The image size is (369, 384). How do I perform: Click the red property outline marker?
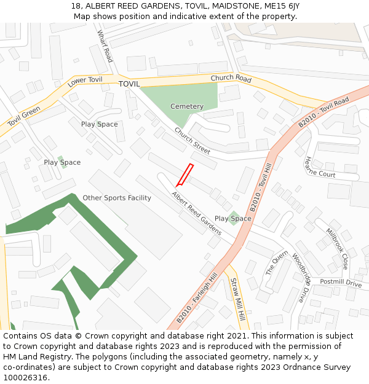click(184, 175)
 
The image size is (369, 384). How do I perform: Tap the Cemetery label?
click(187, 106)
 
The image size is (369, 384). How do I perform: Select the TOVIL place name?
click(129, 84)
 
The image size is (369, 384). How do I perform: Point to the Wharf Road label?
click(105, 47)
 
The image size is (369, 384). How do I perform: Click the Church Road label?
click(231, 79)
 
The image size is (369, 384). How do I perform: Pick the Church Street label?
click(192, 141)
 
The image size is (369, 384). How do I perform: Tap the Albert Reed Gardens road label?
click(197, 214)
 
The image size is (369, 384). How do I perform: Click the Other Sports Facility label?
click(117, 198)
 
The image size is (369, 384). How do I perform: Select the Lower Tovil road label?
click(85, 84)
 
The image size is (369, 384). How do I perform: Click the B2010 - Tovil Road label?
click(323, 112)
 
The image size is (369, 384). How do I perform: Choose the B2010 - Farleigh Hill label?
click(197, 299)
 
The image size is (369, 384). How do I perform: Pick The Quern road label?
click(272, 263)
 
